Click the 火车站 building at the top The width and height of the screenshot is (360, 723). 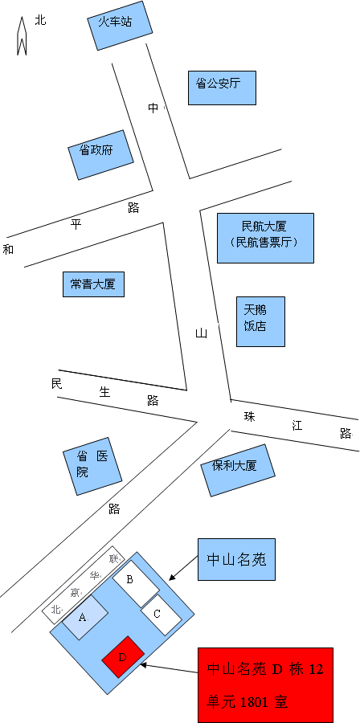coord(120,27)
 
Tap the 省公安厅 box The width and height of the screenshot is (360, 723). coord(222,88)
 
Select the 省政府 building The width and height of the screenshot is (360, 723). coord(100,155)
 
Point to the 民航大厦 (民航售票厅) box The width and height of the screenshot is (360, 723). coord(265,238)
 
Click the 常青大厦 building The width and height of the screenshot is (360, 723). coord(93,284)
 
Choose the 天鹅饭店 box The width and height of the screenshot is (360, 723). coord(260,321)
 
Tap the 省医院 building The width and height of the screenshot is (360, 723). coord(92,466)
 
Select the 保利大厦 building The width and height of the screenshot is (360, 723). coord(238,470)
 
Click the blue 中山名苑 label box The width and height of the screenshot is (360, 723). coord(236,559)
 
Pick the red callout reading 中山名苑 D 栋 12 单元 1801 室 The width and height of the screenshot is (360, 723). coord(265,684)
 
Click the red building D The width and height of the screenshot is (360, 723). coord(123,657)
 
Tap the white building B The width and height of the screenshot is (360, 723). coord(136,584)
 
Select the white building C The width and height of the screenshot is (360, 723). coord(161,615)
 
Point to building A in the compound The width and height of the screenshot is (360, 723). coord(85,618)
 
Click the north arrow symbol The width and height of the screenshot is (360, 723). coord(22,36)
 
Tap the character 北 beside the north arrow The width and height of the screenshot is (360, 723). coord(40,20)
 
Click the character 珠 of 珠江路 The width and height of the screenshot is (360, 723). coord(249,417)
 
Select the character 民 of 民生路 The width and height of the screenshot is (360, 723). coord(57,384)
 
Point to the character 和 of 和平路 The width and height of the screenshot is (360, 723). coord(8,250)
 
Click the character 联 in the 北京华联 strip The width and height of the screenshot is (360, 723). coord(114,559)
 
